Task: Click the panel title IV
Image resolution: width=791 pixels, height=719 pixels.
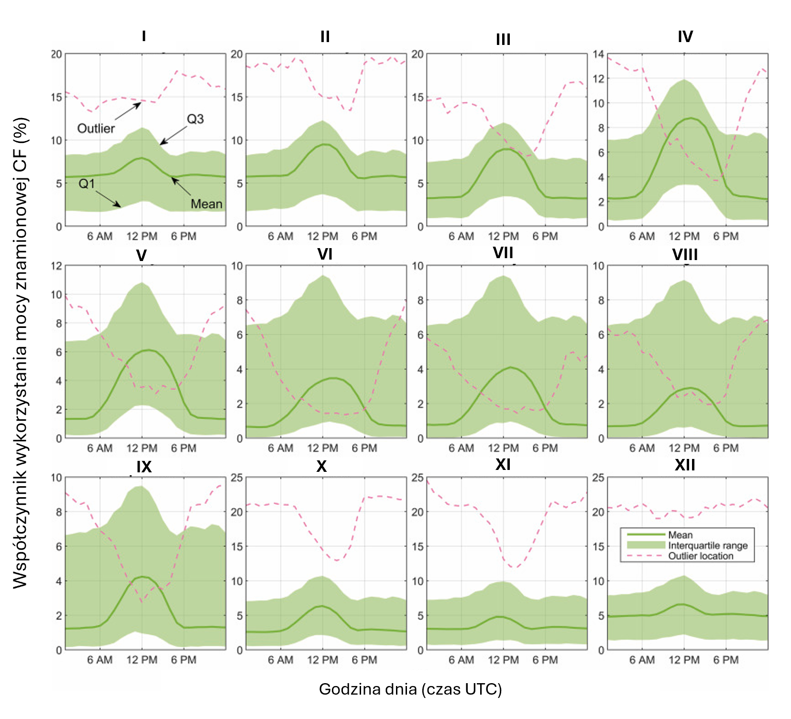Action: [685, 37]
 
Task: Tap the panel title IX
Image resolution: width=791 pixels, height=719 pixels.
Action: [144, 467]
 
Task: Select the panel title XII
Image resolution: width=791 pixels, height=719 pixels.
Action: [685, 465]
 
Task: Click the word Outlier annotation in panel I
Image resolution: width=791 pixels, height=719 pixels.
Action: [96, 128]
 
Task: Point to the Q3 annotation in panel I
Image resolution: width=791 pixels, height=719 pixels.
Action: [195, 119]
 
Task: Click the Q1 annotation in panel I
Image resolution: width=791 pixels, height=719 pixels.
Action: [87, 184]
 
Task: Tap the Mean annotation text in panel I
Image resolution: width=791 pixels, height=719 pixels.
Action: [207, 204]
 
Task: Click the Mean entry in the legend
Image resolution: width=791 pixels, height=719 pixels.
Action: [680, 534]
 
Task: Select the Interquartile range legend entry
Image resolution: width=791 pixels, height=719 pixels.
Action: [708, 545]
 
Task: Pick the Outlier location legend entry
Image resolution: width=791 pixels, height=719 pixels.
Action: [701, 556]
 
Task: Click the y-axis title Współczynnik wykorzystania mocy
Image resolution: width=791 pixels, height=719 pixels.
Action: [21, 353]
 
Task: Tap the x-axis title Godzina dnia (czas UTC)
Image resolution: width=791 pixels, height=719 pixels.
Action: [410, 689]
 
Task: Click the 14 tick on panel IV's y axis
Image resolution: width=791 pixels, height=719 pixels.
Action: [598, 54]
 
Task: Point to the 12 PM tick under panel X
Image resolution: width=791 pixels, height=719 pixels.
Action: [322, 660]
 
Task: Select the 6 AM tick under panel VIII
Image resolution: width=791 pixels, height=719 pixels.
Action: [642, 448]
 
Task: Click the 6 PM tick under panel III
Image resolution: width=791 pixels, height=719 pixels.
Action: [545, 236]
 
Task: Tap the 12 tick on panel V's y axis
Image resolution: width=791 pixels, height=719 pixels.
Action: [56, 266]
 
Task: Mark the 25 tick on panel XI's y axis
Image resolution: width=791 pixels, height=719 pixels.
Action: [417, 478]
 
